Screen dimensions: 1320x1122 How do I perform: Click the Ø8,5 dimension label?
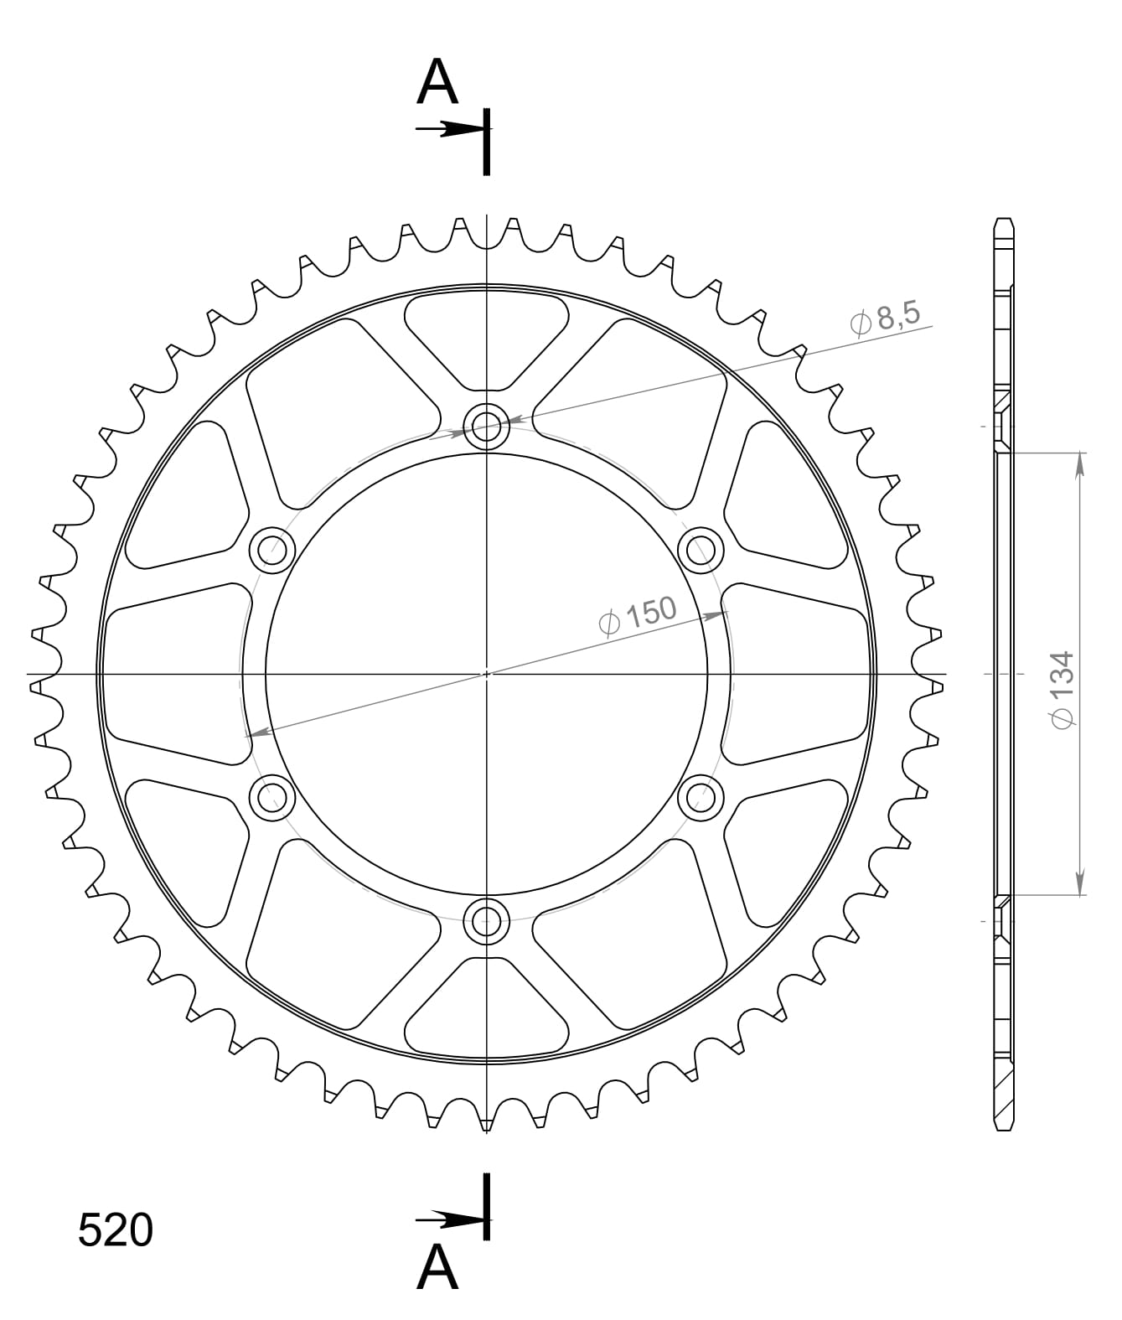885,318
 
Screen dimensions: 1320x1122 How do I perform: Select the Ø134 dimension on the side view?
1062,689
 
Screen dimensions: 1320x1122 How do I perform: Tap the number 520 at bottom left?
116,1230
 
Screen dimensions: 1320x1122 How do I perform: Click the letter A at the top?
437,83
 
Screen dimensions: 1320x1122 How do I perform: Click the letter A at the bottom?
437,1267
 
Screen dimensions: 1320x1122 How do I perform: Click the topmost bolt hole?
487,427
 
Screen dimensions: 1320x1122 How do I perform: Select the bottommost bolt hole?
487,921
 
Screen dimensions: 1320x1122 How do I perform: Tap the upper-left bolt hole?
272,551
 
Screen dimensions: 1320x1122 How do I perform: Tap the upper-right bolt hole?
701,551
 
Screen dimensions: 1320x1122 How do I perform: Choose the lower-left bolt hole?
272,798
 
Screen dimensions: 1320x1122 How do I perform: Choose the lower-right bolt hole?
701,798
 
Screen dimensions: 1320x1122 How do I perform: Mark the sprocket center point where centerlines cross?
487,674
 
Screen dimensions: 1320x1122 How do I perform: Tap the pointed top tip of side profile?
1004,221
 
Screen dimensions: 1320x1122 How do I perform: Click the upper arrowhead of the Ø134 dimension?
1081,465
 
